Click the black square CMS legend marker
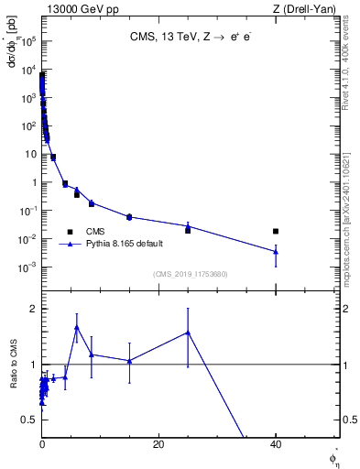[70, 232]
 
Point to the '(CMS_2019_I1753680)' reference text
[190, 274]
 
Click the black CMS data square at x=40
[276, 231]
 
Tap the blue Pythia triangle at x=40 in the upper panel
[276, 251]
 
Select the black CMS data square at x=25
[188, 230]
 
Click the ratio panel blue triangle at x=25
[188, 333]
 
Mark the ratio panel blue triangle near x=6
[77, 327]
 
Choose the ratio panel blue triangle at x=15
[129, 361]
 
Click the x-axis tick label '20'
[158, 444]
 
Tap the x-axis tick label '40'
[276, 444]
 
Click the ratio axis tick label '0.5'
[29, 420]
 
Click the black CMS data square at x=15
[129, 217]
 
